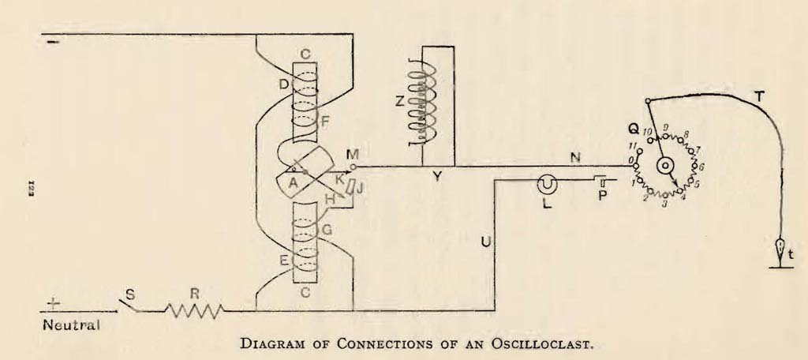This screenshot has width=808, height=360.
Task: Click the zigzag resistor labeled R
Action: [x=195, y=311]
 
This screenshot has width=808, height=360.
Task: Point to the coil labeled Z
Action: [x=425, y=104]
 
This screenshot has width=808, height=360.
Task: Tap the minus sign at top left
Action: [x=53, y=43]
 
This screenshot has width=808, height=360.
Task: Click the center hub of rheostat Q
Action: [x=664, y=166]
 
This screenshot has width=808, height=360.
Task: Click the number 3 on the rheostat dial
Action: [x=664, y=204]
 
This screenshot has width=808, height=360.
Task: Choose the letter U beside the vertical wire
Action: [x=485, y=242]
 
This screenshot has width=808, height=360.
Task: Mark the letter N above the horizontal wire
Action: [x=575, y=159]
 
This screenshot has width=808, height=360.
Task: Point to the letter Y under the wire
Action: [x=437, y=177]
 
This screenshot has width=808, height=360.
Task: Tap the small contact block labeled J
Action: [x=351, y=188]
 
